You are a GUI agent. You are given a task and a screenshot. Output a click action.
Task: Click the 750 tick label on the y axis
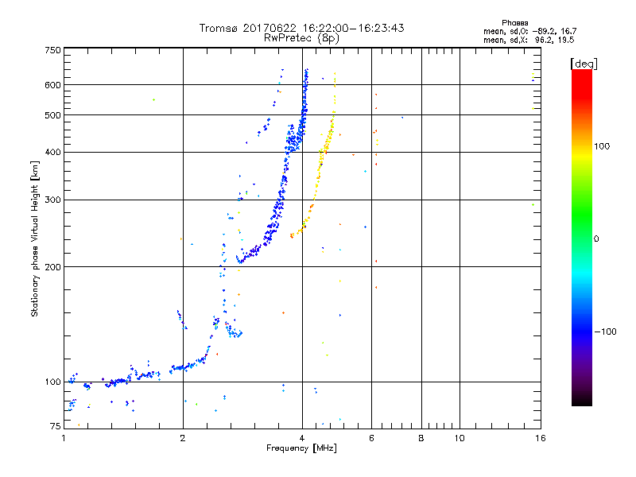(52, 50)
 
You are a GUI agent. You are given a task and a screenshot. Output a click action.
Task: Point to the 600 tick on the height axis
(52, 85)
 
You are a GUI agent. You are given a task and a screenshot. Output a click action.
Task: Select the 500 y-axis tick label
(52, 115)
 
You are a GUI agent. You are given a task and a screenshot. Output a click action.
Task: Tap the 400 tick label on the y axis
(52, 152)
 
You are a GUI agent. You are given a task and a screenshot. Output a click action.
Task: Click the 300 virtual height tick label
(52, 200)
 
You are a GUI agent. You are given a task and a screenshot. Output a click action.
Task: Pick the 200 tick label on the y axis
(52, 267)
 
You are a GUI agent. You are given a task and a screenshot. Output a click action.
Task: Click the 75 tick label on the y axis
(55, 427)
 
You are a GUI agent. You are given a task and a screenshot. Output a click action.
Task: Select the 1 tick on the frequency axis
(64, 437)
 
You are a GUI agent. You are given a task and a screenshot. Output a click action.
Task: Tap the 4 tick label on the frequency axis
(301, 437)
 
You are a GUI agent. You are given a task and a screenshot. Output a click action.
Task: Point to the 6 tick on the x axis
(371, 437)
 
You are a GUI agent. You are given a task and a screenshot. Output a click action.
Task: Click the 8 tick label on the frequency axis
(421, 437)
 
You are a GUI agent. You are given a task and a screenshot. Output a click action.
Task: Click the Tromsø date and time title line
(301, 28)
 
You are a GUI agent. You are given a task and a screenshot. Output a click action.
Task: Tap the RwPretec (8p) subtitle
(301, 37)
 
